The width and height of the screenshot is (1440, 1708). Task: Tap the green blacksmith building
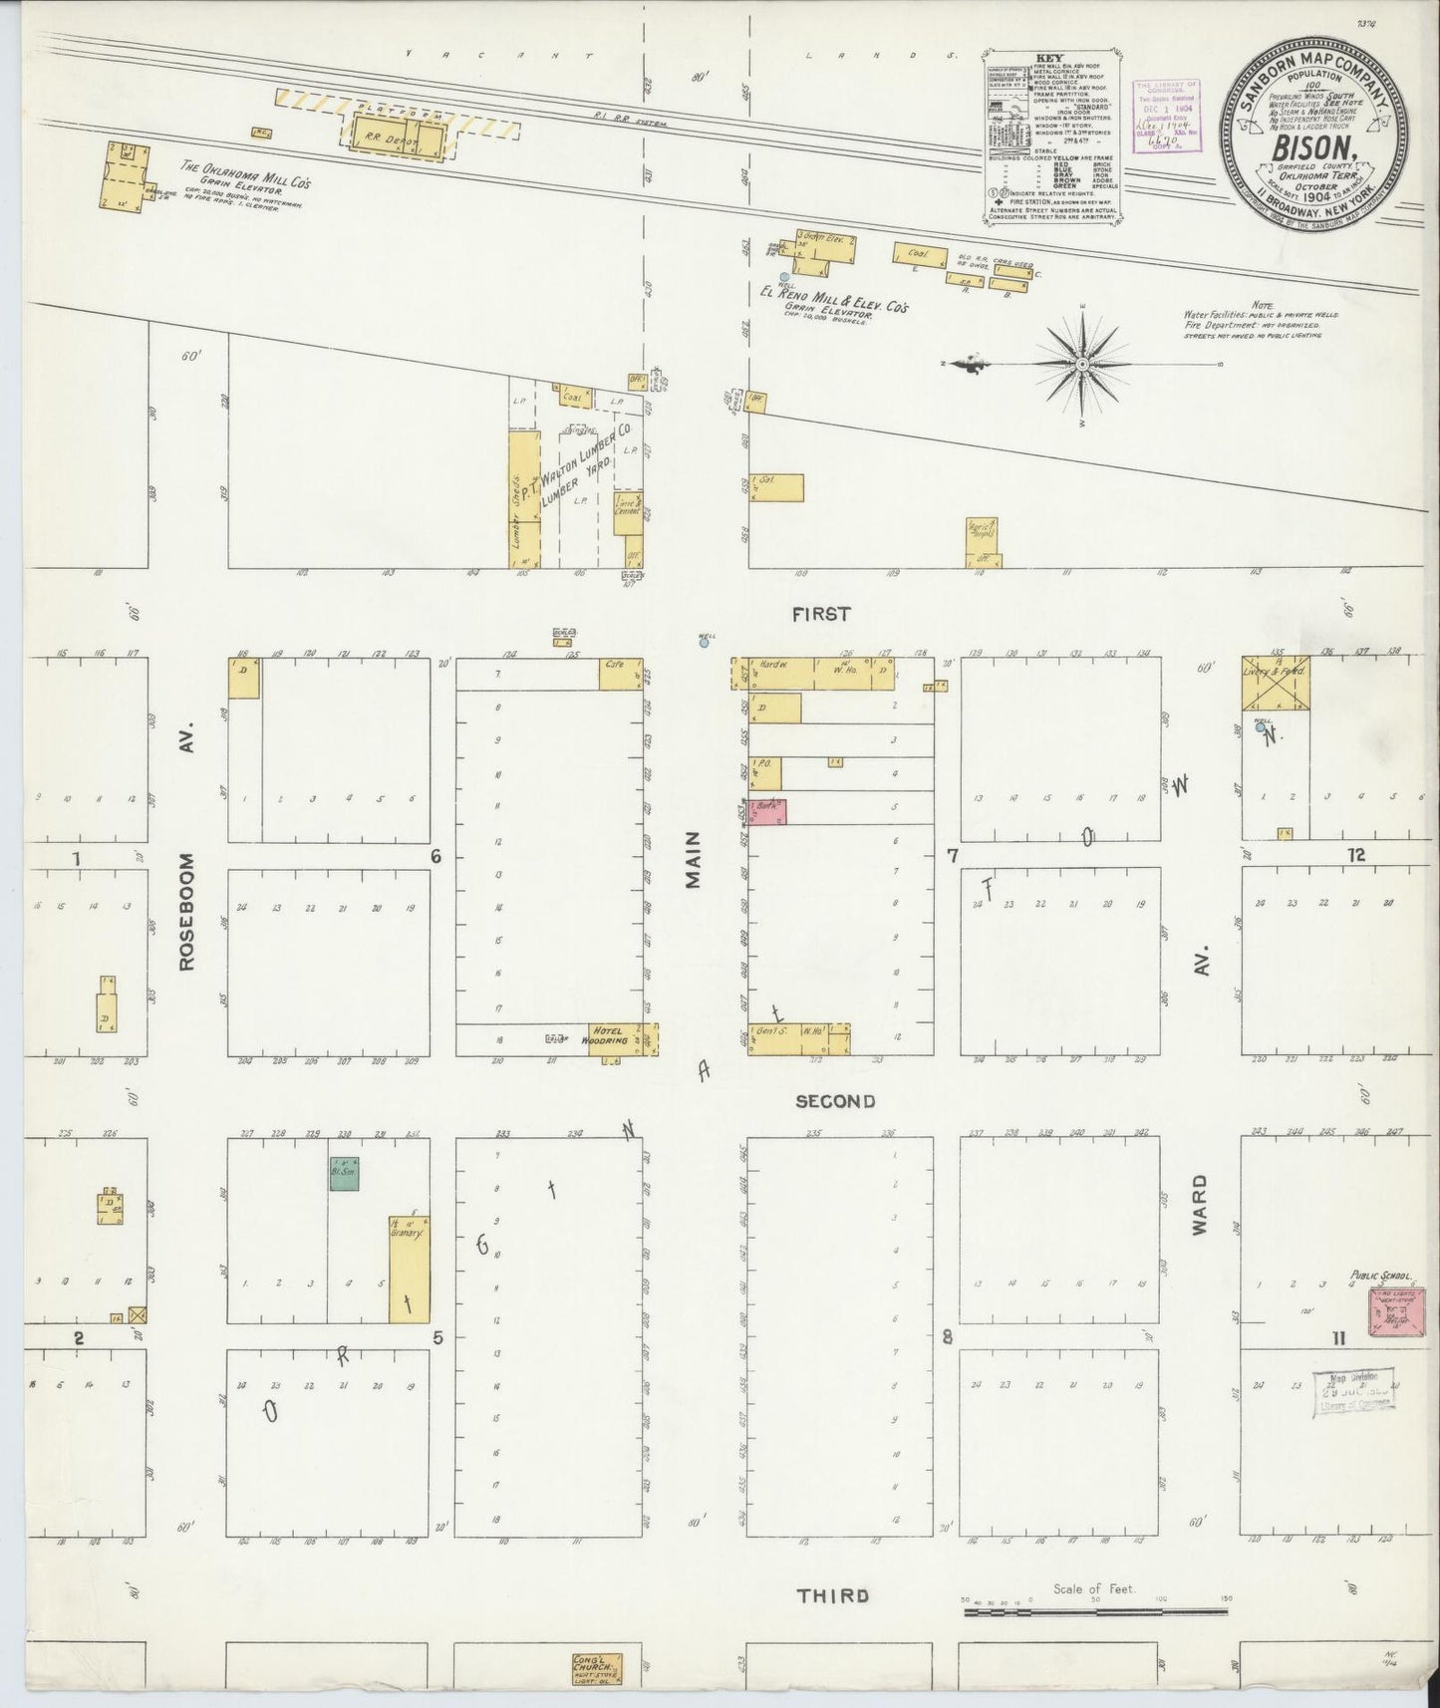(x=344, y=1173)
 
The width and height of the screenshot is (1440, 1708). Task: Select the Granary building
(x=409, y=1270)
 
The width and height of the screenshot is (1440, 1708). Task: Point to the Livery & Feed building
(x=1275, y=684)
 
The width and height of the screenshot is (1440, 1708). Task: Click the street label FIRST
(x=821, y=615)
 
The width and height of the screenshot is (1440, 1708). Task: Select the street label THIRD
(x=832, y=1595)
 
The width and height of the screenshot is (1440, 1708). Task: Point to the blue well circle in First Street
(x=705, y=643)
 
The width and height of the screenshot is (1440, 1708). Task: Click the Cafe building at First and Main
(x=621, y=674)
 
